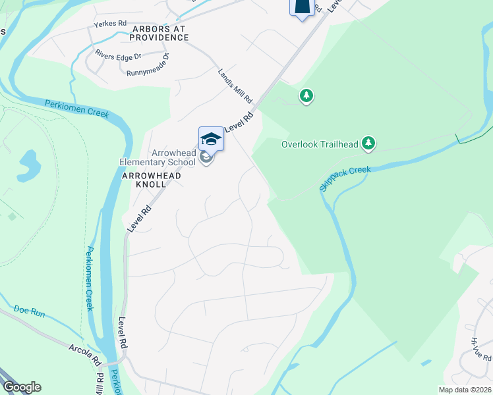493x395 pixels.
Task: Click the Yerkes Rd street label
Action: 110,24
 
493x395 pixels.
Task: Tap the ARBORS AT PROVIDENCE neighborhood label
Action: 160,34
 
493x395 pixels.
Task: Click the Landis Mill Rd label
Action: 235,86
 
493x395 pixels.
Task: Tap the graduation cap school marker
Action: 211,139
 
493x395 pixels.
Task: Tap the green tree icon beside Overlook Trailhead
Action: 369,142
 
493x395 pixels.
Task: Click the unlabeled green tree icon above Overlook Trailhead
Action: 306,96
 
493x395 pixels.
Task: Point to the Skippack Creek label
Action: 345,178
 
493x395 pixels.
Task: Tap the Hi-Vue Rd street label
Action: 480,348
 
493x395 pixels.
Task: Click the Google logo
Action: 22,387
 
